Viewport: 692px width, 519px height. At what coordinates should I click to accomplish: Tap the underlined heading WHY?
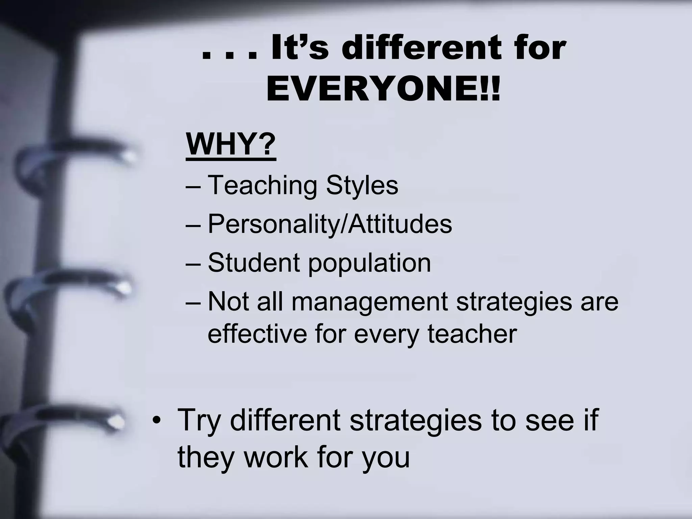pos(231,144)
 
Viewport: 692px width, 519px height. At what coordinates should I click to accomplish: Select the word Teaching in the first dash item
pos(263,185)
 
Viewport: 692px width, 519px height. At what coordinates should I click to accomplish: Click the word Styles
pos(362,185)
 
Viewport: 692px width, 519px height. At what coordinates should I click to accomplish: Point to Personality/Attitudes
pos(330,224)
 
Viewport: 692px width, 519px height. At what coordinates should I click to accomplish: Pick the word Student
pos(254,262)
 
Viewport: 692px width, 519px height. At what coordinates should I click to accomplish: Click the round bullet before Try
pos(156,421)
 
